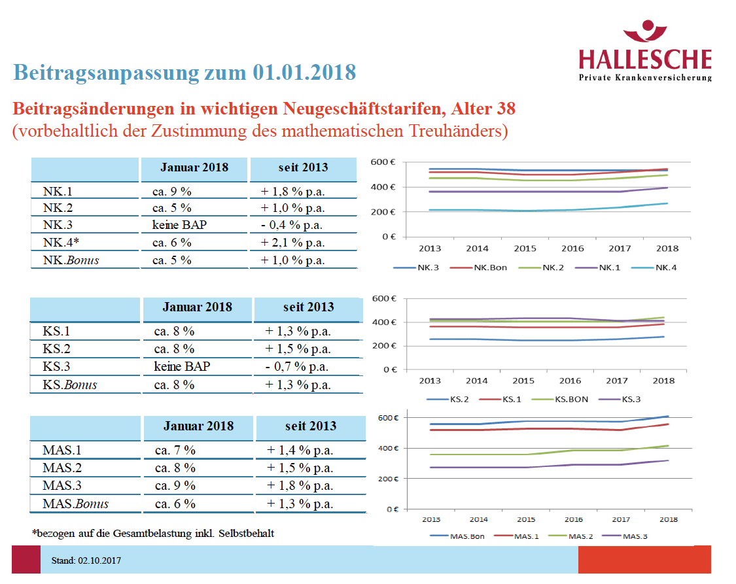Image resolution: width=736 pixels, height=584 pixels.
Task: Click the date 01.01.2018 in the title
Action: [x=304, y=72]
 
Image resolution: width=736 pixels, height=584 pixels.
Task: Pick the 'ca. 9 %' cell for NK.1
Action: [x=172, y=191]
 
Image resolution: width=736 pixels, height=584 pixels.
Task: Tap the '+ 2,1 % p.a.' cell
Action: [x=294, y=242]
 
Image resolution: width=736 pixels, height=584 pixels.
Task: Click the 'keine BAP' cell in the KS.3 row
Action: [x=182, y=366]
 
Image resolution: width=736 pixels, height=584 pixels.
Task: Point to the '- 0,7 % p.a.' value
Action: [x=298, y=366]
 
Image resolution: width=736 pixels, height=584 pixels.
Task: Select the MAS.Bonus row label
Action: [x=75, y=504]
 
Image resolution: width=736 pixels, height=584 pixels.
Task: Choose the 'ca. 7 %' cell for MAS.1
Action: [x=175, y=450]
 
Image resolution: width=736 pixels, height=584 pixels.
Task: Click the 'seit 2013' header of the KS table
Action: [x=308, y=307]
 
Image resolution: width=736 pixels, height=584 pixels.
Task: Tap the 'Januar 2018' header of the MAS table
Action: [x=198, y=426]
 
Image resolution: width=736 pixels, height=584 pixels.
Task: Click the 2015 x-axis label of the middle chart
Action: [x=523, y=381]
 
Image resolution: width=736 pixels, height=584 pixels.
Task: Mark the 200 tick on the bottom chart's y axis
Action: [x=389, y=478]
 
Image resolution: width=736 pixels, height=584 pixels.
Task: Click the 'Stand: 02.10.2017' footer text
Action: [x=86, y=560]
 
